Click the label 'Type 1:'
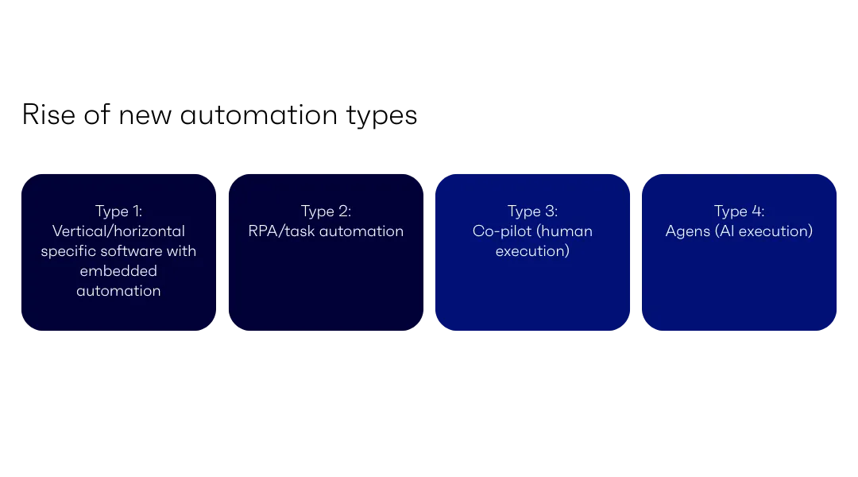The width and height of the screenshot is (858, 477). click(118, 211)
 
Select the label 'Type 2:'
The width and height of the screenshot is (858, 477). click(326, 211)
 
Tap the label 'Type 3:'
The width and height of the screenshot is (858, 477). click(532, 211)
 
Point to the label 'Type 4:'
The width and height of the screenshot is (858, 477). click(739, 211)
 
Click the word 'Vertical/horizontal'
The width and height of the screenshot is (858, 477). click(118, 231)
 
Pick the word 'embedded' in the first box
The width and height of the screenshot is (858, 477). click(118, 271)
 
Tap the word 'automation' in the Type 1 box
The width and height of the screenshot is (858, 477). click(118, 291)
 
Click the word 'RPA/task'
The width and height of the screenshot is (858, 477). click(278, 231)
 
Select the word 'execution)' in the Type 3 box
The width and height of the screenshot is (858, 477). click(532, 251)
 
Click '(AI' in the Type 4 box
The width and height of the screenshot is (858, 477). click(725, 231)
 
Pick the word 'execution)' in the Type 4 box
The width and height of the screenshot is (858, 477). click(775, 231)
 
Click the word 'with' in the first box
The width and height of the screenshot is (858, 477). click(182, 251)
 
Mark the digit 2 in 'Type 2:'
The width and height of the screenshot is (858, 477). click(342, 211)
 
